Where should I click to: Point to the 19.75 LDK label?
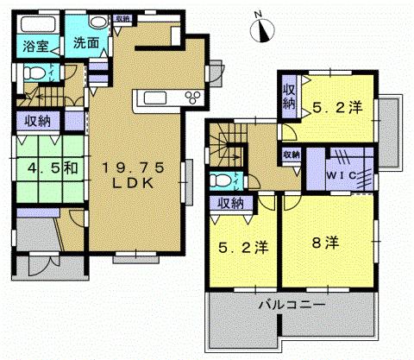tap(130, 173)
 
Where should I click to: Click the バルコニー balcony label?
tap(292, 305)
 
